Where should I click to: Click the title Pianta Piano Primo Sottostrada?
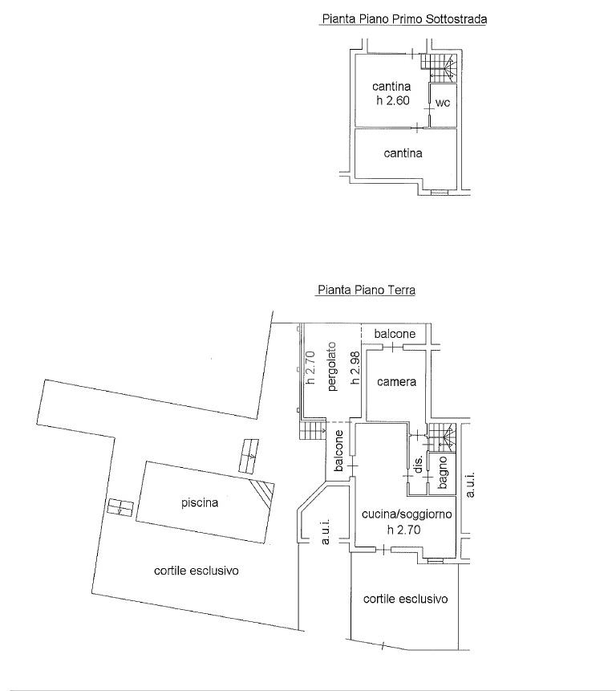pyautogui.click(x=404, y=19)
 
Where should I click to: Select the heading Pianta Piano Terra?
pyautogui.click(x=367, y=290)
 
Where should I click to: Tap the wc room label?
pyautogui.click(x=443, y=103)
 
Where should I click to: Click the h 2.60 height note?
pyautogui.click(x=393, y=100)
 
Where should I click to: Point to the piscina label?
pyautogui.click(x=200, y=503)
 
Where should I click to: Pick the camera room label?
pyautogui.click(x=396, y=382)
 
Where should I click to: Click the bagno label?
pyautogui.click(x=443, y=473)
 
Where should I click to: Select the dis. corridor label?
pyautogui.click(x=419, y=464)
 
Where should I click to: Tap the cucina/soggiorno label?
pyautogui.click(x=407, y=514)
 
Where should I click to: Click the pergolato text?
pyautogui.click(x=332, y=366)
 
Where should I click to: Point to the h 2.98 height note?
pyautogui.click(x=355, y=368)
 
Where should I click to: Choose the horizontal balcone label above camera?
pyautogui.click(x=395, y=334)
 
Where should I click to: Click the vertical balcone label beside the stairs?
pyautogui.click(x=338, y=451)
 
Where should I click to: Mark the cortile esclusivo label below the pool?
pyautogui.click(x=197, y=571)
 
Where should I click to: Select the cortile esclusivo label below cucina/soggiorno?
pyautogui.click(x=406, y=599)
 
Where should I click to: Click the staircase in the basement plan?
pyautogui.click(x=439, y=67)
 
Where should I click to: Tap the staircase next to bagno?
pyautogui.click(x=442, y=437)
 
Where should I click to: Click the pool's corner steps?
pyautogui.click(x=263, y=494)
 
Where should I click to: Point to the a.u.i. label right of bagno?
pyautogui.click(x=470, y=485)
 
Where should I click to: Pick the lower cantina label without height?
pyautogui.click(x=403, y=153)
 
